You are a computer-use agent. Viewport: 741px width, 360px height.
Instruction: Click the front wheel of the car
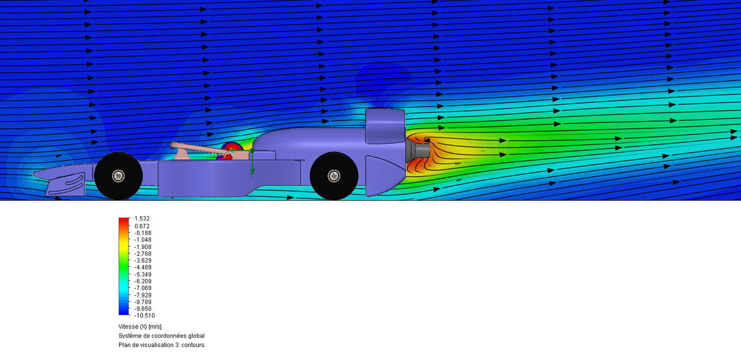tap(119, 176)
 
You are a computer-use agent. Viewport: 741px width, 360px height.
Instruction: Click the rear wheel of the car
tap(334, 176)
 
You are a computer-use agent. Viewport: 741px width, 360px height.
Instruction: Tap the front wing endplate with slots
tap(65, 184)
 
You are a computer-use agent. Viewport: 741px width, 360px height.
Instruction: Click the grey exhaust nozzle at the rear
tap(418, 150)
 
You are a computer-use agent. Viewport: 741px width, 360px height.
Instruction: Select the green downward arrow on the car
tap(252, 163)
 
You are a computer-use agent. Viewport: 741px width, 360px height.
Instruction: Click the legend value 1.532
tap(142, 218)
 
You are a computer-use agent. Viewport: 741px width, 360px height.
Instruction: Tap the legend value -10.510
tap(144, 316)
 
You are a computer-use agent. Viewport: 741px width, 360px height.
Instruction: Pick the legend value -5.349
tap(142, 274)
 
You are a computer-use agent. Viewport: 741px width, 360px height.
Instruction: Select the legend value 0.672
tap(142, 226)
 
